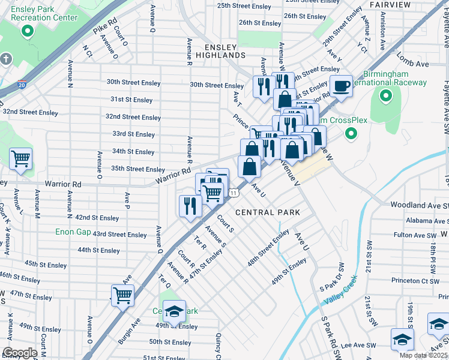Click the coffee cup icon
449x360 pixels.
point(341,86)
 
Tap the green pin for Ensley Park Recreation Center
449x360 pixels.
point(27,31)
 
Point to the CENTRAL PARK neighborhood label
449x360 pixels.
point(268,212)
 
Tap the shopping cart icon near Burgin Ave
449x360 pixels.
point(122,295)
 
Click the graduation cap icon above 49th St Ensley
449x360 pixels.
point(174,311)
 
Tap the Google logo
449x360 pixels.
point(19,353)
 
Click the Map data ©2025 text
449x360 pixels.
point(423,355)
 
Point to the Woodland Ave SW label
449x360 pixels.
point(419,205)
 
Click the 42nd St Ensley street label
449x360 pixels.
point(97,218)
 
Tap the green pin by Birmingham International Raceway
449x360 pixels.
point(387,95)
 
